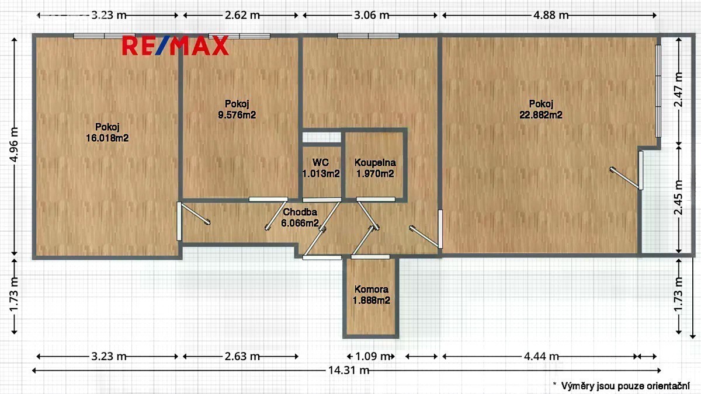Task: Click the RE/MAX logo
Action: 175,46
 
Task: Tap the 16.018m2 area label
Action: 107,138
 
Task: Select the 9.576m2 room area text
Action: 237,115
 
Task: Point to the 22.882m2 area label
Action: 541,115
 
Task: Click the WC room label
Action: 321,162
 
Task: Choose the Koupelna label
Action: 375,163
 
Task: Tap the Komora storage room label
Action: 371,290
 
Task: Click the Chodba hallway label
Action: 300,212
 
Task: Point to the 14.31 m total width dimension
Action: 348,371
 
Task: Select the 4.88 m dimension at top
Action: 551,15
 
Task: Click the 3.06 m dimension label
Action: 372,15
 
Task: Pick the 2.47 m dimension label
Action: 679,90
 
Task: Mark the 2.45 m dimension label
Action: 679,198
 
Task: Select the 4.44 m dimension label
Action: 542,356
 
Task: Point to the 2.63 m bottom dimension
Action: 242,356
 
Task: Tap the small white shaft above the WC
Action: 321,137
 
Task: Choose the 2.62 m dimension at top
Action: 242,15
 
